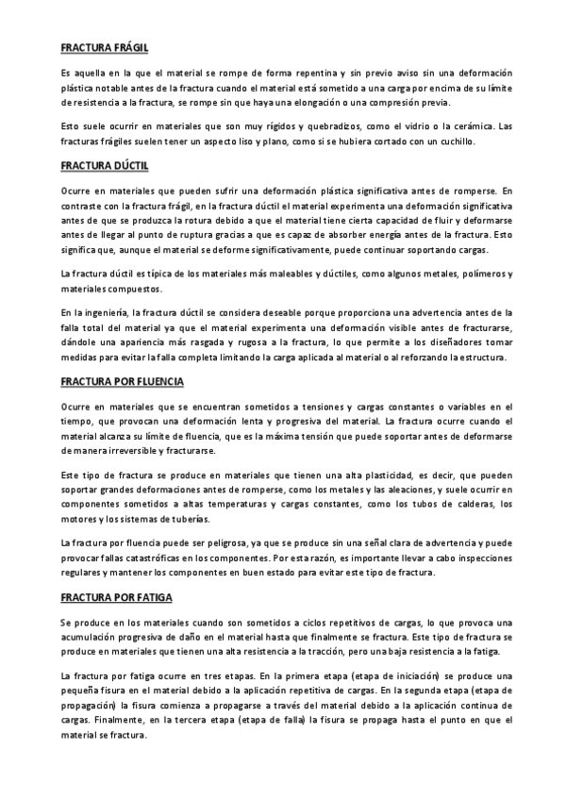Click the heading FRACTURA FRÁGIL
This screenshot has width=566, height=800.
104,46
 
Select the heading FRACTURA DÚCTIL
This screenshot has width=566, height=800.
103,164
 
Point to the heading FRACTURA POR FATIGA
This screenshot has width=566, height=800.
116,598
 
